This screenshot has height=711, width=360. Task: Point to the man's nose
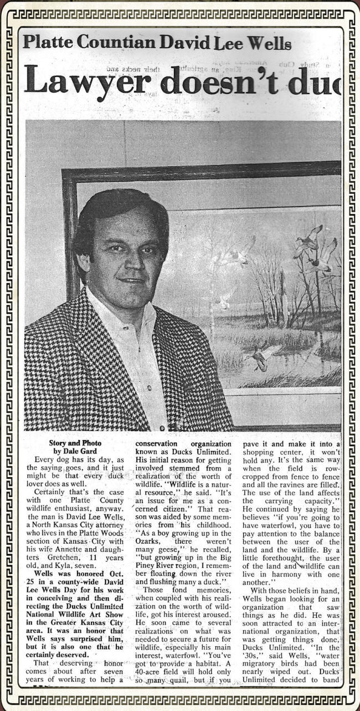coord(131,255)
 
